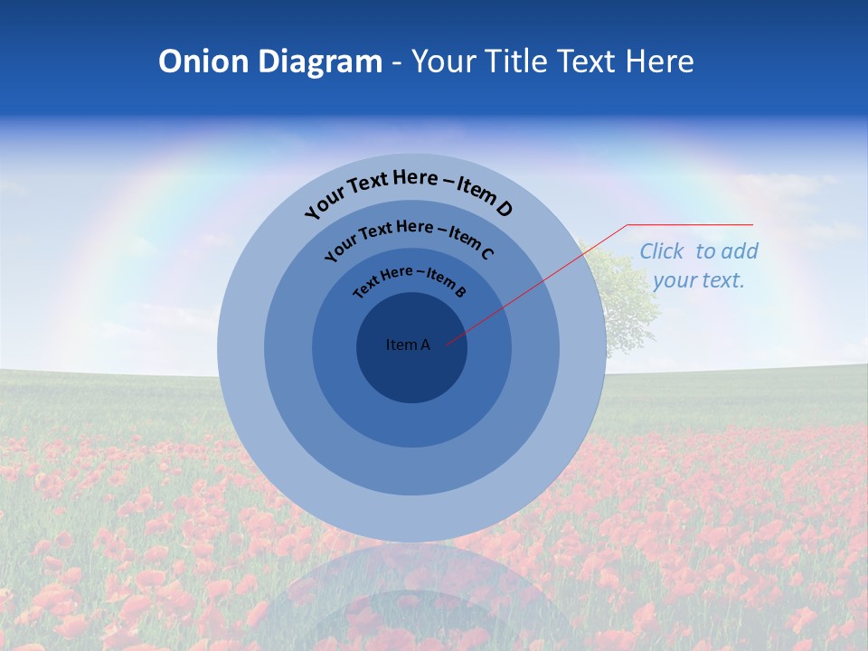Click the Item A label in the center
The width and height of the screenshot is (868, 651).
[x=408, y=344]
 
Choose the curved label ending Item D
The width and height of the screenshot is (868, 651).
[x=409, y=191]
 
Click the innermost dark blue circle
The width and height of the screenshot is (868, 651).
[x=411, y=371]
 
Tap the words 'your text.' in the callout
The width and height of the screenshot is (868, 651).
[x=698, y=280]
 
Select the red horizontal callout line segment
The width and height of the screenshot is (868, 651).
[x=690, y=224]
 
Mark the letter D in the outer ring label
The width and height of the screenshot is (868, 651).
[x=505, y=209]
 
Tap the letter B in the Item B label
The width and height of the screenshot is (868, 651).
[x=460, y=291]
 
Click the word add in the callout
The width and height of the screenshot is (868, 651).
[x=741, y=251]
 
